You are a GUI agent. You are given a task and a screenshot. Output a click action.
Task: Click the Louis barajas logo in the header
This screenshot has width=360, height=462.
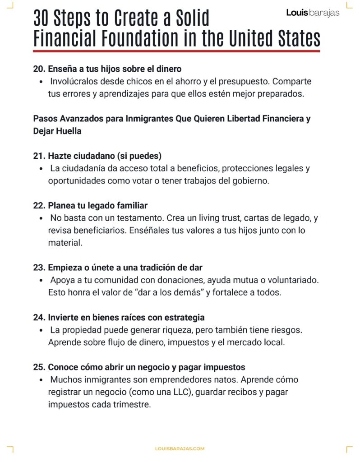[x=313, y=13]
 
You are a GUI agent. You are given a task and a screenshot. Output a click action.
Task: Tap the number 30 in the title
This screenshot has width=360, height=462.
[x=43, y=19]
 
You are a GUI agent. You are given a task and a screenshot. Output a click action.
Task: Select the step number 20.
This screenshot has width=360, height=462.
[x=40, y=69]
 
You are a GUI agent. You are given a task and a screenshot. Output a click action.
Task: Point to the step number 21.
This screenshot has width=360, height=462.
[x=40, y=156]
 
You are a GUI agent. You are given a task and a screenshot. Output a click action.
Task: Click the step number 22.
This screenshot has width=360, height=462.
[x=40, y=205]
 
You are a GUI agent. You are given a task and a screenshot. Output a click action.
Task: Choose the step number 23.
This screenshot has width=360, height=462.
[x=40, y=267]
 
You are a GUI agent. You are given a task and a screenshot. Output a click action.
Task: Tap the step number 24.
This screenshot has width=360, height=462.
[x=40, y=317]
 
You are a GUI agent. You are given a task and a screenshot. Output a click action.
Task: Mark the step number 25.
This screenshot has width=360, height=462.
[x=40, y=367]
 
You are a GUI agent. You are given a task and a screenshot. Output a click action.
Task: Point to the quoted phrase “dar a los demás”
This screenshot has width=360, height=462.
[x=171, y=292]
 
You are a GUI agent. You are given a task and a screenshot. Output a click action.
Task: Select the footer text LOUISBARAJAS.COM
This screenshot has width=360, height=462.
[x=180, y=448]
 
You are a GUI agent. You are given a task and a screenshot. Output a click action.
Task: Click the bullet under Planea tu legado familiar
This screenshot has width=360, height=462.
[x=41, y=218]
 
